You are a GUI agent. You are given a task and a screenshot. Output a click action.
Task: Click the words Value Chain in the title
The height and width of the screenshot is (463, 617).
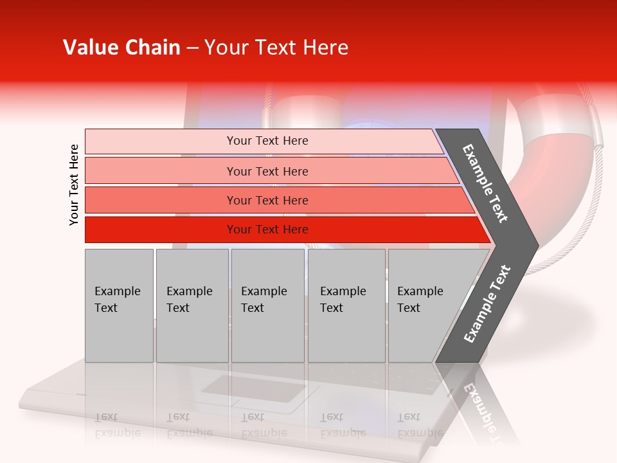click(x=121, y=48)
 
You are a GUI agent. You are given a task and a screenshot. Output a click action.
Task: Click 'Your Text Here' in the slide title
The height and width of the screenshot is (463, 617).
click(x=276, y=48)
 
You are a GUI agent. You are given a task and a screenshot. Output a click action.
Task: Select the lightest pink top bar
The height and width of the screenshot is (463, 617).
click(x=161, y=141)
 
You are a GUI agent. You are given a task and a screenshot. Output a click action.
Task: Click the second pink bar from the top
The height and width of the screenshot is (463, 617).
click(x=161, y=171)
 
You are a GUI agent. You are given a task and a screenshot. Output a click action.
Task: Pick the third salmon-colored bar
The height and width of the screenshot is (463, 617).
click(x=161, y=200)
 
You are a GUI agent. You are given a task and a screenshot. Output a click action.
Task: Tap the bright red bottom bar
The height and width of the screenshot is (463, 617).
click(x=161, y=230)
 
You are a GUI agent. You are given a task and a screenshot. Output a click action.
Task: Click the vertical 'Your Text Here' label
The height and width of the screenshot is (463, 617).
click(x=74, y=185)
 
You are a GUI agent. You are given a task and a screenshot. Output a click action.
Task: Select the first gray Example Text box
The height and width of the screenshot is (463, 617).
click(x=119, y=305)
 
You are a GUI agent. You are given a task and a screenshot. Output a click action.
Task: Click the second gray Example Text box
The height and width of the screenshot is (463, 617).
click(x=192, y=305)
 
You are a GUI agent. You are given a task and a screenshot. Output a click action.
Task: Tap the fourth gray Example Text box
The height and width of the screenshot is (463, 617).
click(x=346, y=305)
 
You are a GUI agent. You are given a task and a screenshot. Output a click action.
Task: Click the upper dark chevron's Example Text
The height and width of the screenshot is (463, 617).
click(x=485, y=183)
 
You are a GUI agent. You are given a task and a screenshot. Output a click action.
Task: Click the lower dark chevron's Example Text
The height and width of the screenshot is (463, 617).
click(x=487, y=304)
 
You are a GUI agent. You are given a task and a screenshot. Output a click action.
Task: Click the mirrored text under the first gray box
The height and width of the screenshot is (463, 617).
click(x=117, y=424)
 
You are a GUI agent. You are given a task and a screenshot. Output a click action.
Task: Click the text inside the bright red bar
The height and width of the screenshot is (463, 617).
click(x=267, y=230)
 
